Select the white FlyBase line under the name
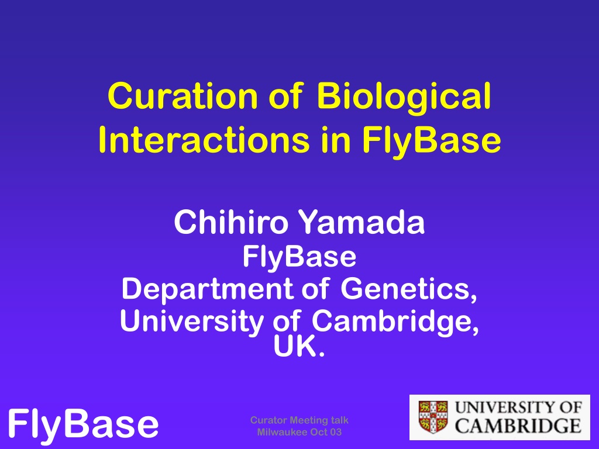tap(299, 256)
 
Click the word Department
tap(206, 289)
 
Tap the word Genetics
tap(409, 289)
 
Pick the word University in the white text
tap(192, 322)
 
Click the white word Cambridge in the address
tap(395, 322)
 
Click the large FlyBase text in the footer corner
tap(83, 424)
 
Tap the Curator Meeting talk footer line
tap(299, 420)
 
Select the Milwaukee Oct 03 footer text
tap(299, 432)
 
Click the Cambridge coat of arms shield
tap(433, 417)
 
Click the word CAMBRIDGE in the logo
tap(518, 426)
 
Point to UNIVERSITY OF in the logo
tap(518, 407)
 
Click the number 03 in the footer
tap(335, 432)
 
